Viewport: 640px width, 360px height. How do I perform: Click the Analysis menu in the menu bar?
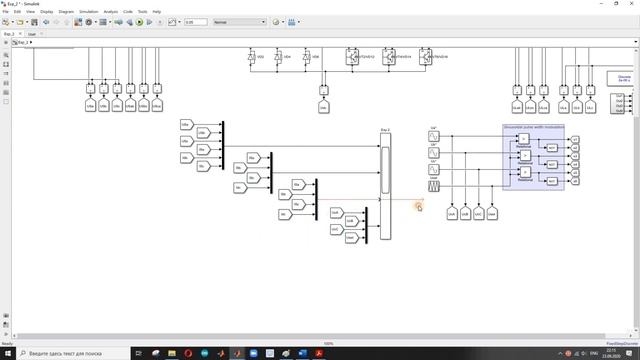(x=110, y=12)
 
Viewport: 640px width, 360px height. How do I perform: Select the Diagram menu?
(x=66, y=12)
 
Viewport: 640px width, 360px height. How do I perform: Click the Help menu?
(x=156, y=12)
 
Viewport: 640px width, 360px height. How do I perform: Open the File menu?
(x=5, y=12)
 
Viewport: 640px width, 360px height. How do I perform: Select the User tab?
(x=31, y=33)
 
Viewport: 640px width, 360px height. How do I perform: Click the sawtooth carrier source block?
(x=434, y=186)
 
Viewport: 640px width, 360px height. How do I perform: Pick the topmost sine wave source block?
(x=434, y=136)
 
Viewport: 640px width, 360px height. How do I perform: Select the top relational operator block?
(x=523, y=139)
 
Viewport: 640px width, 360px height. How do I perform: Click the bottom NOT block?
(x=551, y=181)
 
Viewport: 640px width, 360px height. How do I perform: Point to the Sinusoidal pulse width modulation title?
(x=534, y=127)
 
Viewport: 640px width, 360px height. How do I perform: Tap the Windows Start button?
(x=7, y=353)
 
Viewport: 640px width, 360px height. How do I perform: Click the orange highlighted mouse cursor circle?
(x=419, y=206)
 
